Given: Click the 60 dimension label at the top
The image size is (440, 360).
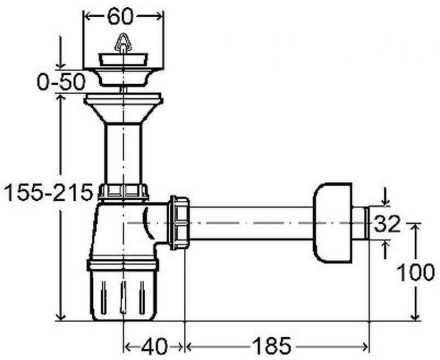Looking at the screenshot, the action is point(120,16).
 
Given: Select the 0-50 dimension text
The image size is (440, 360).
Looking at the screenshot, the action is point(61,81).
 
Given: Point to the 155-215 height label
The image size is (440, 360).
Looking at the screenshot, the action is point(48,192).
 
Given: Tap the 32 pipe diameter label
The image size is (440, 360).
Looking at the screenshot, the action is point(387,223).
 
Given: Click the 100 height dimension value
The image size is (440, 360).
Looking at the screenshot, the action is point(416,272).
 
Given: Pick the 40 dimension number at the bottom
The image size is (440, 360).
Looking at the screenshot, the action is point(154,347).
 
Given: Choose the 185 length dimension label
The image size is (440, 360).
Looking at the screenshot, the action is point(272,346).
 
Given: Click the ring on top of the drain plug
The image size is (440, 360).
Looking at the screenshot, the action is point(123,43).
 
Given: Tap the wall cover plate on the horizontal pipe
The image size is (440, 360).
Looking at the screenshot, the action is point(333,223).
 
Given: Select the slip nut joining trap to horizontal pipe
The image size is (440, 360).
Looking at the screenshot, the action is point(179,223).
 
